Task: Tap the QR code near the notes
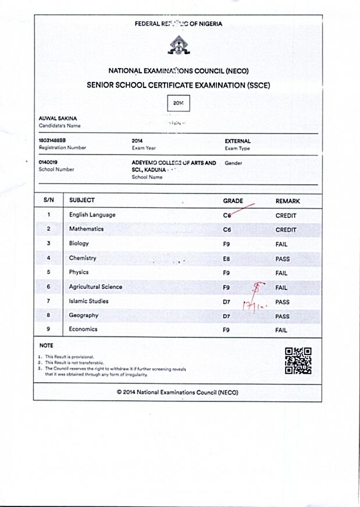coord(298,360)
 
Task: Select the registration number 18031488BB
coord(52,141)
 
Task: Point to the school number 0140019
coord(48,162)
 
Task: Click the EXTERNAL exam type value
coord(237,141)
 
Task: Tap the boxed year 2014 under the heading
coord(178,102)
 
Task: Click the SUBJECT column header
coord(82,200)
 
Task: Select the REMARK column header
coord(287,201)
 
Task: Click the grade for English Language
coord(227,215)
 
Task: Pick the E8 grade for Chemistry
coord(227,258)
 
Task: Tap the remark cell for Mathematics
coord(286,230)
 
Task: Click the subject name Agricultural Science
coord(95,287)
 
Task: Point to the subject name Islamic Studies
coord(88,301)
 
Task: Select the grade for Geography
coord(227,315)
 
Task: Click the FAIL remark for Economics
coord(281,330)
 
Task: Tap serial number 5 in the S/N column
coord(49,272)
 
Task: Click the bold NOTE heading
coord(46,346)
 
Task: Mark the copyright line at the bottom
coord(177,392)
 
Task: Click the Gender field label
coord(233,163)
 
